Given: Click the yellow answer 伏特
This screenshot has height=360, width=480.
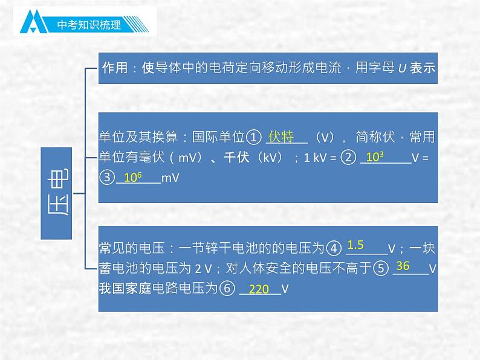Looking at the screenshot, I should pos(281,137).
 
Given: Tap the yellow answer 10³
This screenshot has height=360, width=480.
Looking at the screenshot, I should pos(375,157).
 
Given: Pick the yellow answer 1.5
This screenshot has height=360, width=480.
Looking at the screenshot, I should pos(355,245).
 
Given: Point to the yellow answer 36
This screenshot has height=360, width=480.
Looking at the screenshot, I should pos(402,266).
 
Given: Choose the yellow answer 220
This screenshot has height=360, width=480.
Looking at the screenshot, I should pos(259,289).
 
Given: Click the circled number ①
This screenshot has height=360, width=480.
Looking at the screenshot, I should pos(255,138).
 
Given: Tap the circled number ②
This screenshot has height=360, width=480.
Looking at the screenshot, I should pos(349,158).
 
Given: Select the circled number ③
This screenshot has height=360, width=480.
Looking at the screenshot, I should pos(106,178).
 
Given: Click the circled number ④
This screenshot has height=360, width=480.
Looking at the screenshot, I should pos(334,248).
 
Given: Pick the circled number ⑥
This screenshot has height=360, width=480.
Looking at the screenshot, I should pos(226,289).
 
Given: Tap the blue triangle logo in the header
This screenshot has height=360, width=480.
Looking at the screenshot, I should pos(36,24).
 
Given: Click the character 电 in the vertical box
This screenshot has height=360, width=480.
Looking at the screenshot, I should pos(57,176).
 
